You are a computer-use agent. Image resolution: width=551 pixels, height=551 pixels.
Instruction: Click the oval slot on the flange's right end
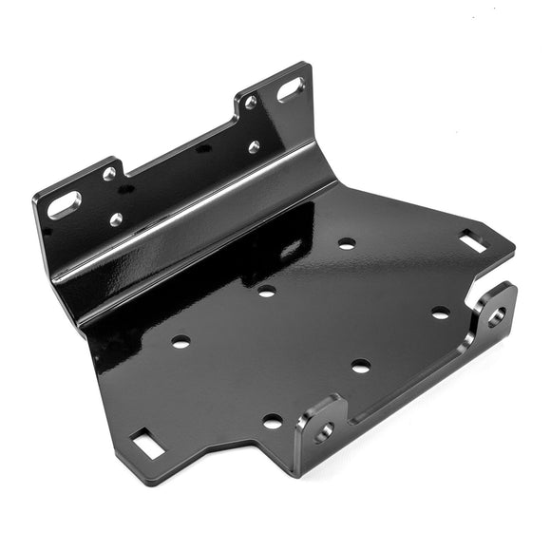tap(291, 90)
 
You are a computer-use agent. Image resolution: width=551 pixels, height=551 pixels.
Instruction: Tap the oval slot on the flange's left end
tap(65, 204)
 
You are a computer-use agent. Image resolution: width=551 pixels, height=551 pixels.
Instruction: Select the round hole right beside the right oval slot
tap(251, 102)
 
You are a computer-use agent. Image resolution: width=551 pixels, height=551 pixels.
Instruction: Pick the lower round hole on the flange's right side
tap(254, 146)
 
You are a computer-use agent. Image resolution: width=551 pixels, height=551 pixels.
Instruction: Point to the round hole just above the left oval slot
tap(109, 173)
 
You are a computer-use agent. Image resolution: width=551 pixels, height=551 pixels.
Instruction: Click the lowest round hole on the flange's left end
tap(116, 219)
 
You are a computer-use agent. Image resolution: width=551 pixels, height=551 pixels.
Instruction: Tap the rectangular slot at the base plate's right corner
tap(472, 241)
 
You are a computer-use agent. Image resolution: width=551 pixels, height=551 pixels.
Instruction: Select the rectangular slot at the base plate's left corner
tap(144, 441)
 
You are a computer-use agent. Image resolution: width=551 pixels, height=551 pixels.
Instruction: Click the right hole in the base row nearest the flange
tap(347, 243)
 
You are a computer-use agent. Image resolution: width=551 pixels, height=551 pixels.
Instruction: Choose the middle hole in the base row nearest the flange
tap(266, 291)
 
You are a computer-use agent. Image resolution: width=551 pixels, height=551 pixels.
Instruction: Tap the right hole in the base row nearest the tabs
tap(440, 313)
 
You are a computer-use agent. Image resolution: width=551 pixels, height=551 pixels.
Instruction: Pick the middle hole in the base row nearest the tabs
tap(360, 366)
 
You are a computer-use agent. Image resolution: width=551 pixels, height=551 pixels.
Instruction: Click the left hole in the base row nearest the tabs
tap(273, 421)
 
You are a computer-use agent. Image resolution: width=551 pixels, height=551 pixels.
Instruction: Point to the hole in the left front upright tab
tap(325, 430)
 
